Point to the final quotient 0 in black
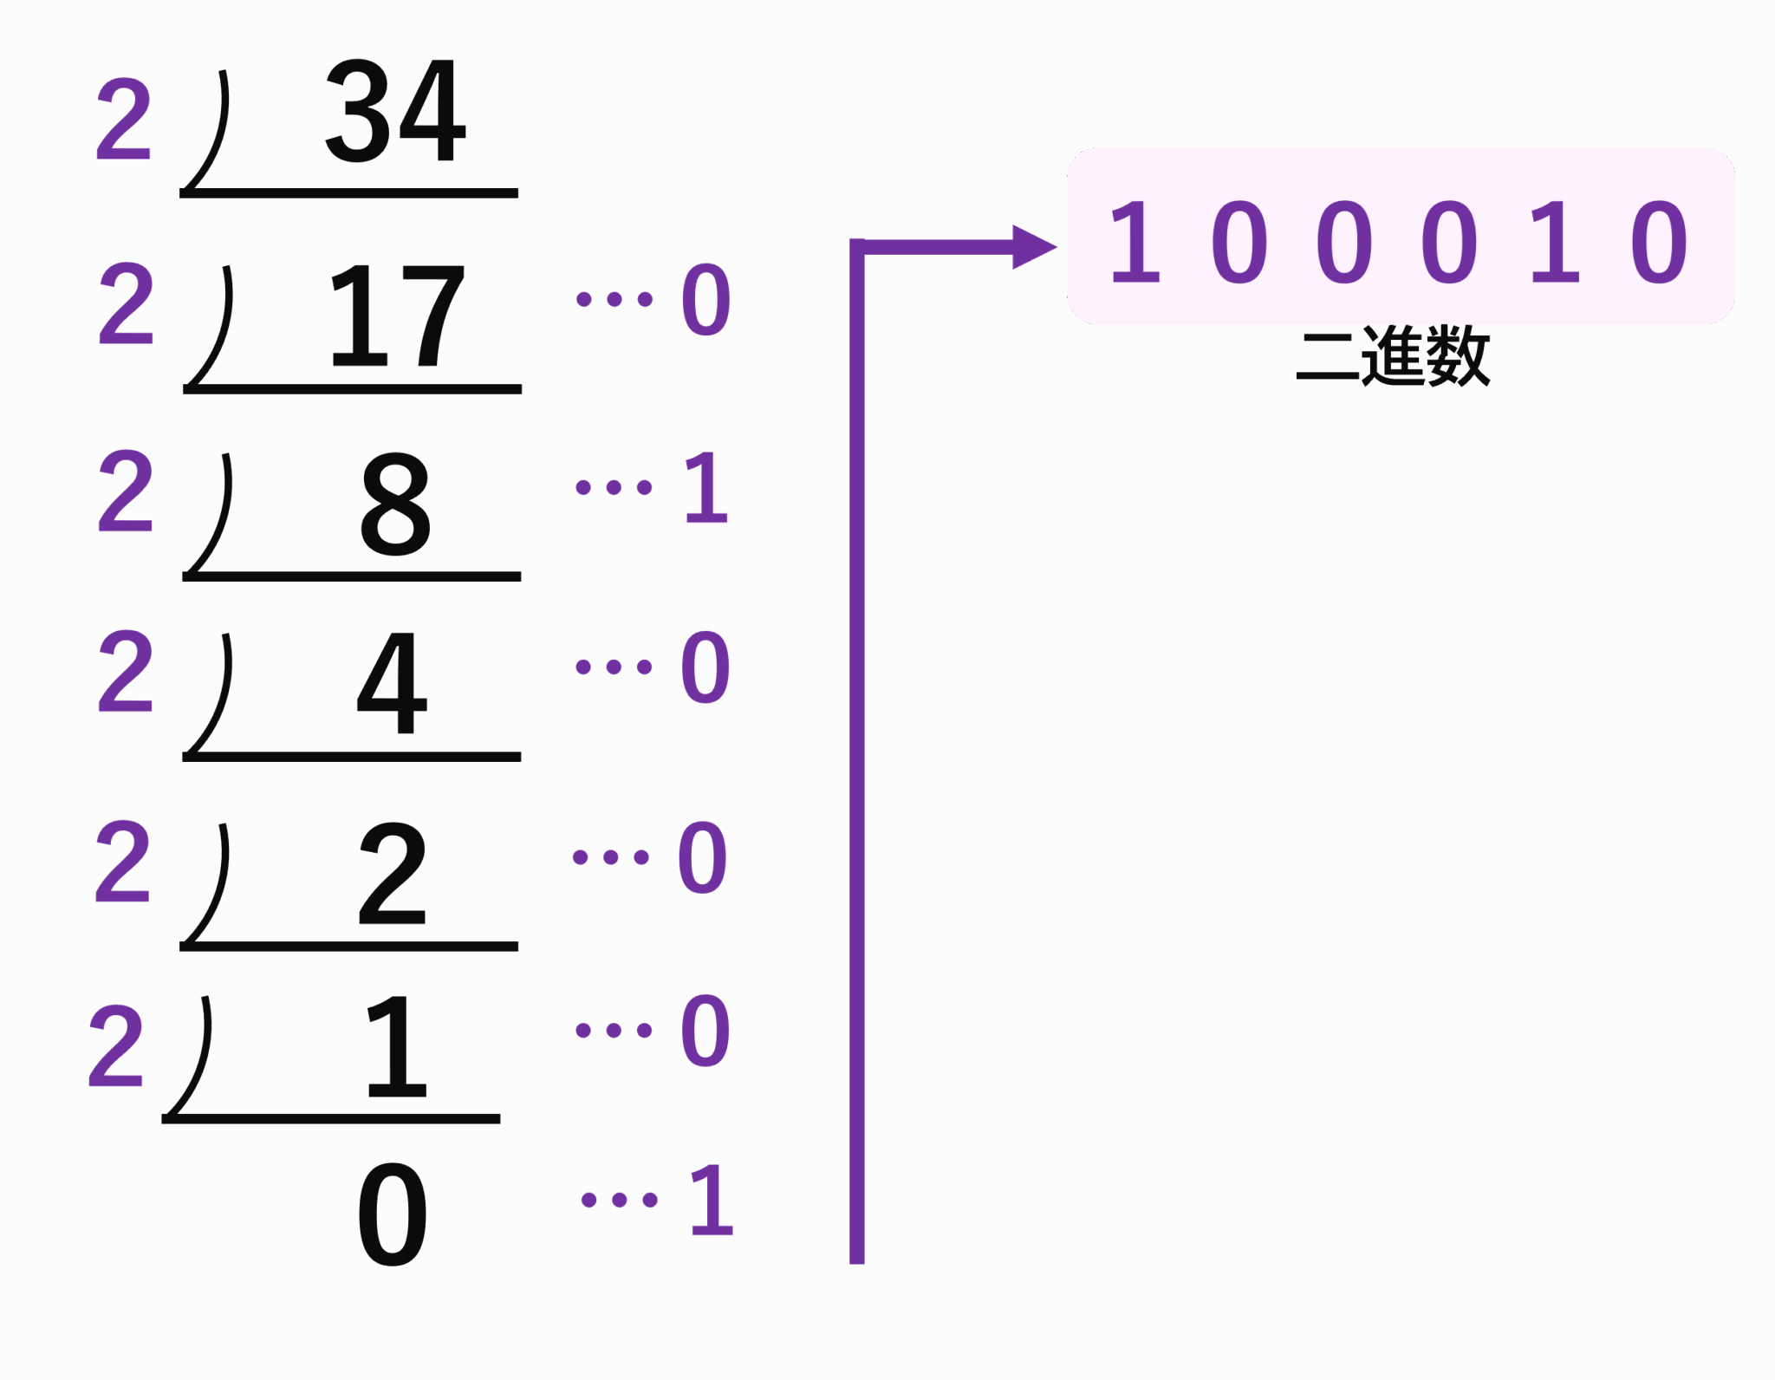pos(393,1214)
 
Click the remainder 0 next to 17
pos(705,300)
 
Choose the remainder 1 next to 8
pos(706,487)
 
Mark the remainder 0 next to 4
pos(705,667)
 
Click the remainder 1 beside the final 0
pos(711,1200)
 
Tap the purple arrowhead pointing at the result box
pos(1033,247)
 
